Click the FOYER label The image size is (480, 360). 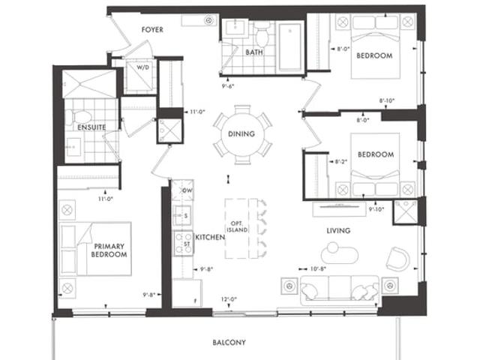pos(152,30)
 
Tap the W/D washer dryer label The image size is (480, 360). pos(142,67)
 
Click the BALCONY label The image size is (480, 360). pos(229,342)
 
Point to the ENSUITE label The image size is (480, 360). pos(91,127)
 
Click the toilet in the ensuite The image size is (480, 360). pos(79,117)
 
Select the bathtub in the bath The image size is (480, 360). pos(289,46)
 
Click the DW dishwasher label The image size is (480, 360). pos(187,190)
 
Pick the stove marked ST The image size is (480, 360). pos(184,244)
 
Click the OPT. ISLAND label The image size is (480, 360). pos(237,226)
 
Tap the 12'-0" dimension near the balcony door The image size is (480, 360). pos(229,299)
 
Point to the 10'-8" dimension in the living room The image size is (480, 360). pos(318,268)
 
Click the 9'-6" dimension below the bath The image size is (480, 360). pos(228,86)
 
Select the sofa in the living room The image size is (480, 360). pos(340,290)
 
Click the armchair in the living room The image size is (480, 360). pos(398,259)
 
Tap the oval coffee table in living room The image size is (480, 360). pos(340,253)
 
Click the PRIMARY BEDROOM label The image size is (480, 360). pos(109,250)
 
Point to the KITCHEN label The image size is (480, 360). pos(210,237)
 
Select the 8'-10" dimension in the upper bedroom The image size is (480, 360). pos(387,100)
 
